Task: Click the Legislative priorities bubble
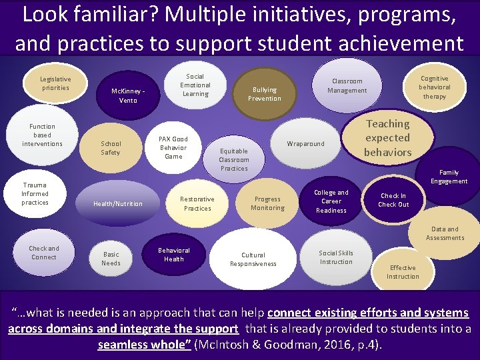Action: point(55,83)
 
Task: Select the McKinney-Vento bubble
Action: point(128,96)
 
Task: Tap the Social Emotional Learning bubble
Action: point(195,85)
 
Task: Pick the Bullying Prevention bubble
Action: point(265,94)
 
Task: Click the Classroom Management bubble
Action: point(347,86)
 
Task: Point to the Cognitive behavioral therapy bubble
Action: point(434,87)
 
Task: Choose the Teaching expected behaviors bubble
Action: point(387,138)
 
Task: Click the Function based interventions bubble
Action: point(42,135)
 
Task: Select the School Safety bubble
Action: point(111,148)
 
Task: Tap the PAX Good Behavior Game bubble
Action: point(173,147)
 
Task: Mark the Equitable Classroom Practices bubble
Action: point(234,159)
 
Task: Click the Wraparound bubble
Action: point(305,144)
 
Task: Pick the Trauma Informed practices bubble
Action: point(35,194)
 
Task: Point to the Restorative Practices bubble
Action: point(197,203)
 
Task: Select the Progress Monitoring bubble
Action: point(267,203)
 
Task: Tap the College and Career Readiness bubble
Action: point(331,201)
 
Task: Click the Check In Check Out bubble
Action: point(393,200)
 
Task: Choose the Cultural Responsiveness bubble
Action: point(253,259)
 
